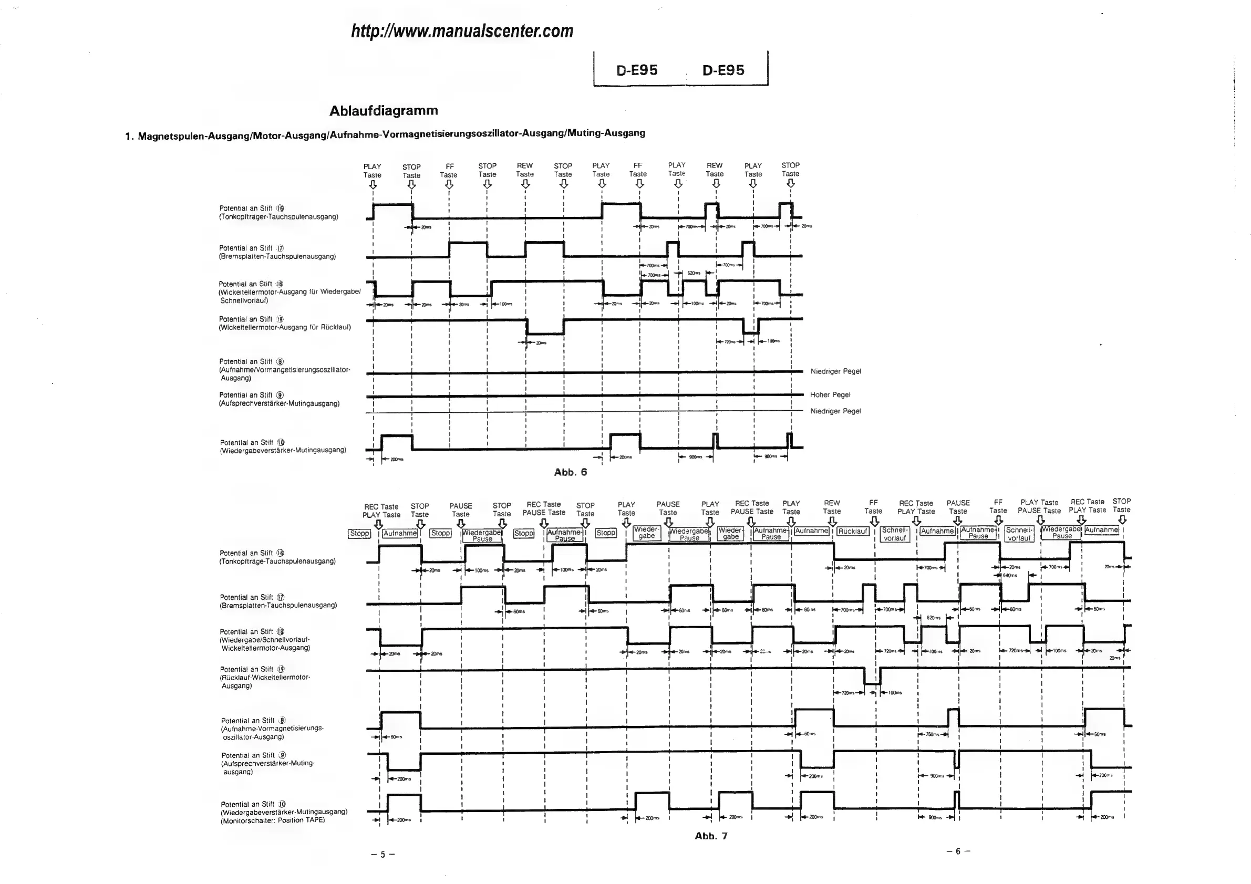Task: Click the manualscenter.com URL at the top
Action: [462, 31]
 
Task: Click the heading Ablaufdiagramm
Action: [384, 111]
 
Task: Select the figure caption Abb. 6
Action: [571, 472]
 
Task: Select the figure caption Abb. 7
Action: [711, 836]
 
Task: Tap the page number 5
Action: [382, 854]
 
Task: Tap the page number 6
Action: [958, 851]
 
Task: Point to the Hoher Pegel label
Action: [830, 395]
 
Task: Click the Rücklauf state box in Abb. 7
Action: [853, 531]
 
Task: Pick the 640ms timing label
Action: [1010, 575]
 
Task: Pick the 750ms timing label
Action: [932, 734]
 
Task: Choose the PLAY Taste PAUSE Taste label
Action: [1039, 506]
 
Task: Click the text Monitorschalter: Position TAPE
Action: [273, 820]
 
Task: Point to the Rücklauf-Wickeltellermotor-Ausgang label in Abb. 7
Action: [265, 678]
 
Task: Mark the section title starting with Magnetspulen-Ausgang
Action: [391, 133]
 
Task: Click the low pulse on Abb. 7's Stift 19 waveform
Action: [872, 683]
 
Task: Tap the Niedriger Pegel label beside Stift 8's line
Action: [836, 371]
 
